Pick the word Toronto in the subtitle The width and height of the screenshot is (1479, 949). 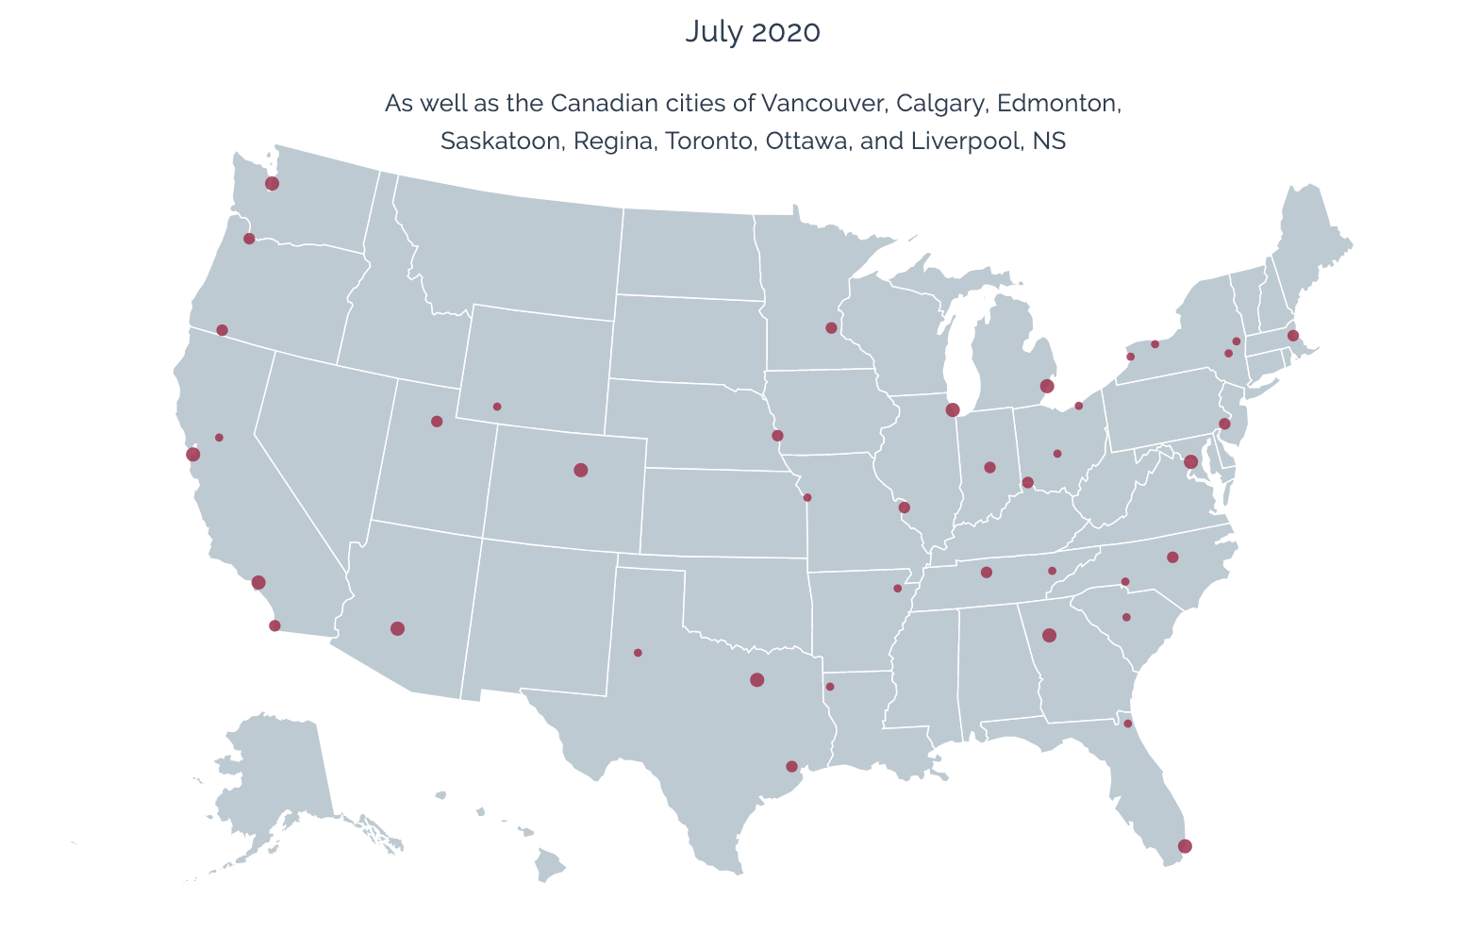pos(710,142)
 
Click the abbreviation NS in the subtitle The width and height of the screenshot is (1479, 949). pos(1049,142)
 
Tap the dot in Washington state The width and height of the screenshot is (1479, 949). pos(273,184)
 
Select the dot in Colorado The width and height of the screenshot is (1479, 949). pos(581,470)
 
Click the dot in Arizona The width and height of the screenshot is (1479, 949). pos(397,628)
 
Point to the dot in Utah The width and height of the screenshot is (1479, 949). pos(437,422)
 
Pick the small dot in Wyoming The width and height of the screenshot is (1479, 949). pos(497,407)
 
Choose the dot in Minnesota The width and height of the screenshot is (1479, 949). pos(831,328)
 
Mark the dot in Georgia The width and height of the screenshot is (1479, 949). pos(1049,635)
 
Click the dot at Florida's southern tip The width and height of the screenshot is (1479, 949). pos(1185,846)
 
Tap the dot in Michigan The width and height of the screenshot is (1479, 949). pos(1046,386)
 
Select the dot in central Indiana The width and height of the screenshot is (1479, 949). pos(989,467)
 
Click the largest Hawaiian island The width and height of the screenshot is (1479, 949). pos(549,863)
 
